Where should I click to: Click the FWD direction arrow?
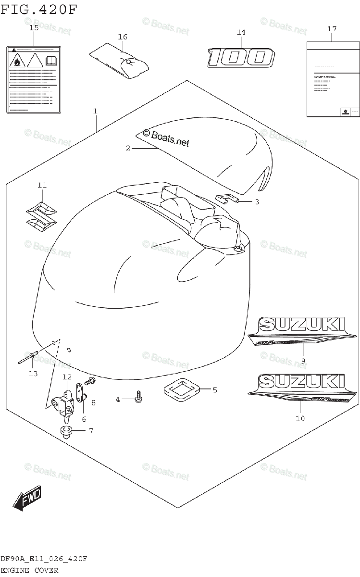pyautogui.click(x=27, y=498)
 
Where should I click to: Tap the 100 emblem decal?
pyautogui.click(x=240, y=58)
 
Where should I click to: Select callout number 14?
pyautogui.click(x=241, y=32)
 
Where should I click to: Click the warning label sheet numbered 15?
pyautogui.click(x=34, y=79)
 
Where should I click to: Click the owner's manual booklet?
pyautogui.click(x=333, y=79)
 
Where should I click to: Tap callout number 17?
pyautogui.click(x=332, y=29)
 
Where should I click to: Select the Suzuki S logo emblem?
pyautogui.click(x=42, y=215)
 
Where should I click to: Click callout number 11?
pyautogui.click(x=42, y=185)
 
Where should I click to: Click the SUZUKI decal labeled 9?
pyautogui.click(x=303, y=331)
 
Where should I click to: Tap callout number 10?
pyautogui.click(x=299, y=418)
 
